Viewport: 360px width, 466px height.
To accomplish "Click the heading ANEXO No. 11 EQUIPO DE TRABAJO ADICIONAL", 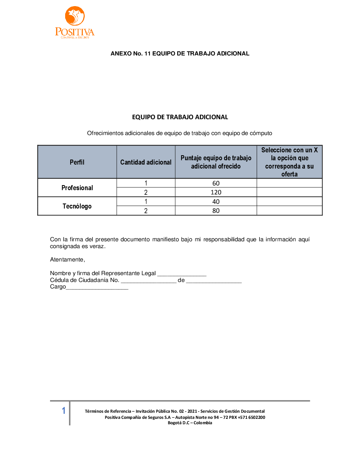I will coord(180,54).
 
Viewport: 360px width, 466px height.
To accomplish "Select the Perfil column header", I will coord(77,162).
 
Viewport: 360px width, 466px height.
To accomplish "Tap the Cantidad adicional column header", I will coord(146,162).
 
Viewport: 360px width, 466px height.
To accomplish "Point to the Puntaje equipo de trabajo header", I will coord(216,162).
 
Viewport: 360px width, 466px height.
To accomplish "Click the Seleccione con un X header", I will coord(289,162).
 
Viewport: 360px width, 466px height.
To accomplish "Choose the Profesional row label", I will coord(77,188).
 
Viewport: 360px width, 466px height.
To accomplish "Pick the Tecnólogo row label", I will coord(77,206).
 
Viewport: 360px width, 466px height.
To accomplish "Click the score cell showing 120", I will coord(216,192).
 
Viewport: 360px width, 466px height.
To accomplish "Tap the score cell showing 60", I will coord(216,183).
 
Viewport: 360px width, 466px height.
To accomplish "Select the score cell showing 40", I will coord(216,202).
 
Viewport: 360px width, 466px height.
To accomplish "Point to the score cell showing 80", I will coord(216,211).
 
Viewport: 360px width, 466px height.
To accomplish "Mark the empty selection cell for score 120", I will coord(289,192).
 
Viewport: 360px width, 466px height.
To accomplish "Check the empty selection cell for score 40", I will coord(289,202).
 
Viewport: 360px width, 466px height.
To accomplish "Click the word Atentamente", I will coord(67,260).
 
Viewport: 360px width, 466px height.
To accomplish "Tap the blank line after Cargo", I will coord(97,288).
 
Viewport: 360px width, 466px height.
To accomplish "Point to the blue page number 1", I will coord(64,411).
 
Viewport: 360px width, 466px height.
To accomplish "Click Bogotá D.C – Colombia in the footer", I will coord(190,423).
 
